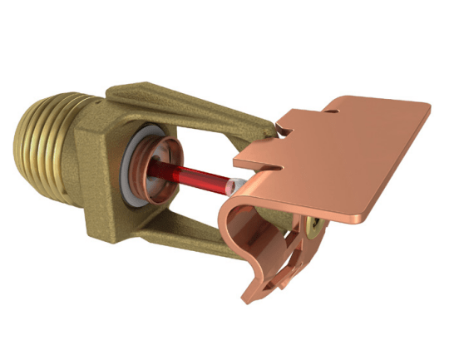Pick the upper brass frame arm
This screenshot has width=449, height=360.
click(x=191, y=109)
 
